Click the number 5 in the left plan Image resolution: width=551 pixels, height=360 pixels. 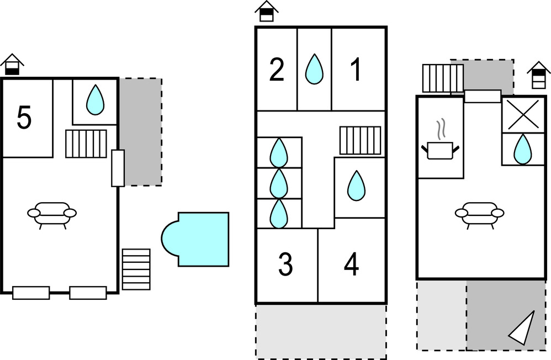[x=24, y=118]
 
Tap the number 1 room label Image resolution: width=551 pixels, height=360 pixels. [x=356, y=70]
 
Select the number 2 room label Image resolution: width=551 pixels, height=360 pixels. [x=277, y=70]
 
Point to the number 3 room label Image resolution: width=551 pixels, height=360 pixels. [x=285, y=265]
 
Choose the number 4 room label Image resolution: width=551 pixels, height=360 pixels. [x=351, y=265]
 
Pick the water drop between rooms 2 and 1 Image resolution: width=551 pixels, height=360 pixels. [x=314, y=69]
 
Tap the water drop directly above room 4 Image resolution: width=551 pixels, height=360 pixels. [x=356, y=186]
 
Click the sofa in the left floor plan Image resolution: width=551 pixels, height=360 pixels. [x=52, y=214]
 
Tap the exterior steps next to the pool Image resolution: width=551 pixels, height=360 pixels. [x=136, y=269]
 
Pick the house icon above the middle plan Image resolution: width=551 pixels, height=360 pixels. [x=267, y=10]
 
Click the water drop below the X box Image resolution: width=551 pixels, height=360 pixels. [x=522, y=149]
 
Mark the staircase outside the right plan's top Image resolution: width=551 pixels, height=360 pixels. [x=442, y=78]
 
